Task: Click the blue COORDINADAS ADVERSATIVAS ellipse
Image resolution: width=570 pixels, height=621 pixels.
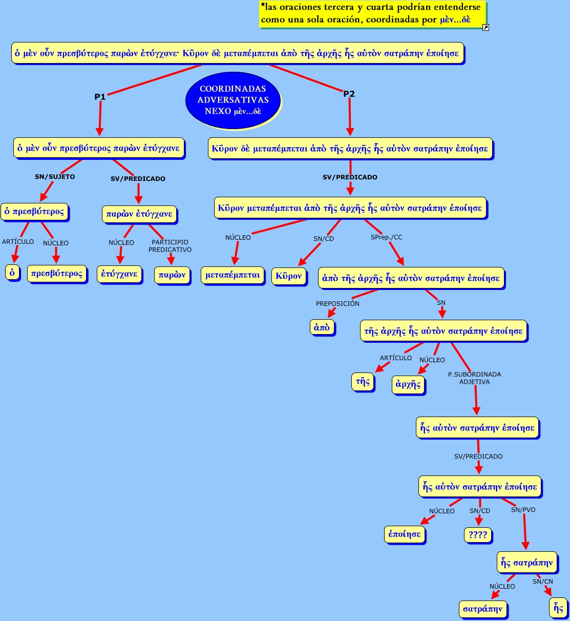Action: pos(233,100)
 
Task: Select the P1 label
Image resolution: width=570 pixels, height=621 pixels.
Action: pos(100,96)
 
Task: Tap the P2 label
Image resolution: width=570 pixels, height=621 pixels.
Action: pos(349,94)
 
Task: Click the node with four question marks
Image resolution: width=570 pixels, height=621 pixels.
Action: pos(478,534)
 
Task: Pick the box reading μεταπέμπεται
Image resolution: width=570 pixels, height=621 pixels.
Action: pos(233,275)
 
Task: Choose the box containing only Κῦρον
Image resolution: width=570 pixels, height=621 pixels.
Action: pos(289,276)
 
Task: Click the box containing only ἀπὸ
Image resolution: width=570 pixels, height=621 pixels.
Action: pos(322,327)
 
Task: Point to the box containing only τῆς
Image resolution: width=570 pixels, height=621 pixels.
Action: pos(363,381)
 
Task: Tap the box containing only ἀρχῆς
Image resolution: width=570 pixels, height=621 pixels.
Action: pos(408,384)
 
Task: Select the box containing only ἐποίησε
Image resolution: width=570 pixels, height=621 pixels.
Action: pos(405,534)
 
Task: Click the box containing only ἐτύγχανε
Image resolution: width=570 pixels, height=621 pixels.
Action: pos(119,274)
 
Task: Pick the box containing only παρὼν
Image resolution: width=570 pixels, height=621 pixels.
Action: pos(172,275)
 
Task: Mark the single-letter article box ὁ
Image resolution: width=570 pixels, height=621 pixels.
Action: pos(12,272)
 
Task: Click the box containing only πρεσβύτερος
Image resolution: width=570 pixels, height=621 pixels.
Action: pos(57,273)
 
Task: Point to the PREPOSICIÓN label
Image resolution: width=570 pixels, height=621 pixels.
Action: pos(337,303)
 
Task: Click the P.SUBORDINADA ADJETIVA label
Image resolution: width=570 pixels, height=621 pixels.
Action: pos(474,378)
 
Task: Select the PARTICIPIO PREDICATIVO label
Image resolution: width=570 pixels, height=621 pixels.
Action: pos(170,246)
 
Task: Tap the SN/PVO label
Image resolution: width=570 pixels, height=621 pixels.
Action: pos(523,510)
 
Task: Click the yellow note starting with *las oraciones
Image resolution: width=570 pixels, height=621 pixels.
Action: pos(372,14)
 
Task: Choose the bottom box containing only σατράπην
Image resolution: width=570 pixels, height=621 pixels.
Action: pos(482,609)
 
